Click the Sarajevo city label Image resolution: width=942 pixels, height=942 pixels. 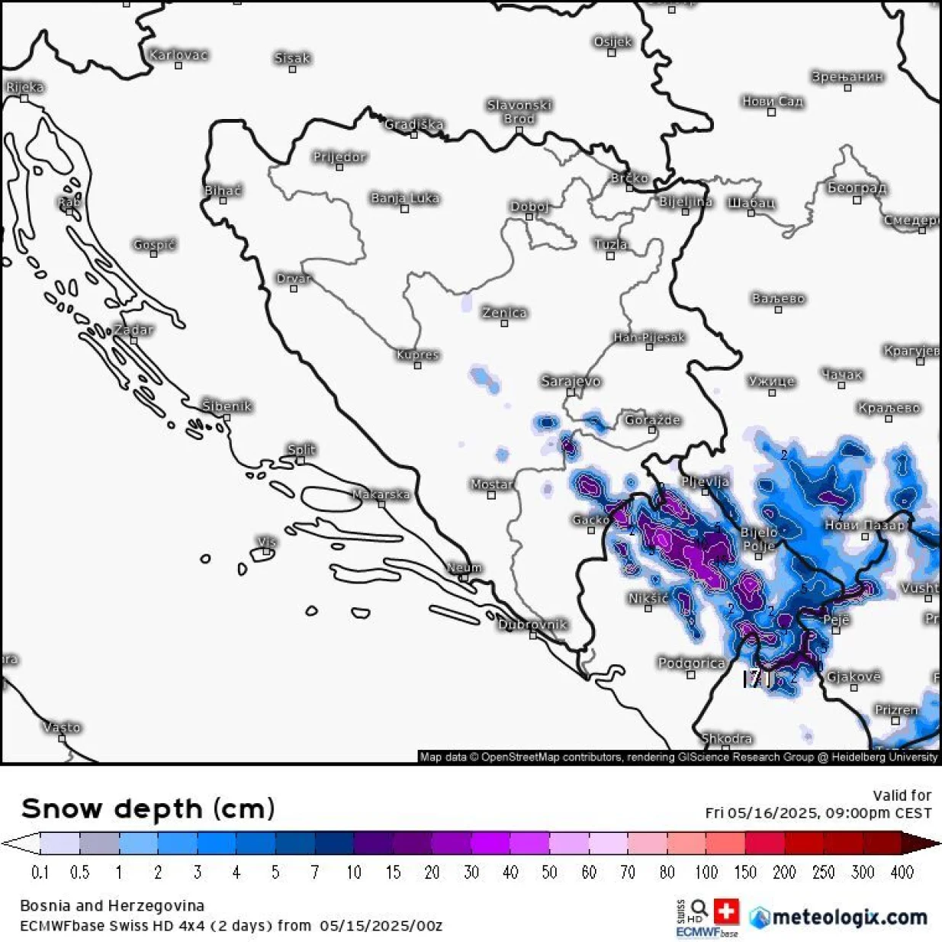pos(571,381)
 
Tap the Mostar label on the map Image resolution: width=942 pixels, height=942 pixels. pos(491,484)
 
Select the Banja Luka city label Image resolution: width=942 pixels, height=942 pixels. pos(404,198)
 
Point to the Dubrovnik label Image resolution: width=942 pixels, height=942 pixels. pos(532,625)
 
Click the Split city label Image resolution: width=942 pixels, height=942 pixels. pos(301,450)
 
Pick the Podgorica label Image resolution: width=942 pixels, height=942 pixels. pos(691,663)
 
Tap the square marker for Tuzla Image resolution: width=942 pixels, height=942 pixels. pos(610,256)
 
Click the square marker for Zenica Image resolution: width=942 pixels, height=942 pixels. pos(504,323)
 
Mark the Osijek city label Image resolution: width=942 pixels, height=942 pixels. pos(612,42)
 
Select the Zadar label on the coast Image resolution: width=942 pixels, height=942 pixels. pos(133,330)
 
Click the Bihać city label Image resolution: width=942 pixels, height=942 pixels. pos(223,191)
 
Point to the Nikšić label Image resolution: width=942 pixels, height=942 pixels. pos(648,598)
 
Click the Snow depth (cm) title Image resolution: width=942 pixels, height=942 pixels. pos(148,809)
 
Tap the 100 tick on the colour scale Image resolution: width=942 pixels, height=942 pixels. pos(706,872)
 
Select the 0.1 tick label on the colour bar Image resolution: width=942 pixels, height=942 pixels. pos(40,872)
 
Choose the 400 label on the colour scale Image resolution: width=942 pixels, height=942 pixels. pos(902,872)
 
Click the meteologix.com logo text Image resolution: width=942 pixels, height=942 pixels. pos(849,917)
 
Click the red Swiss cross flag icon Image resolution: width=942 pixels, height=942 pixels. pos(726,911)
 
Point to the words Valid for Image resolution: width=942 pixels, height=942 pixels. pos(902,795)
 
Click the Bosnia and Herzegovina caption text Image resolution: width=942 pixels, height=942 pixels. pos(112,905)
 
